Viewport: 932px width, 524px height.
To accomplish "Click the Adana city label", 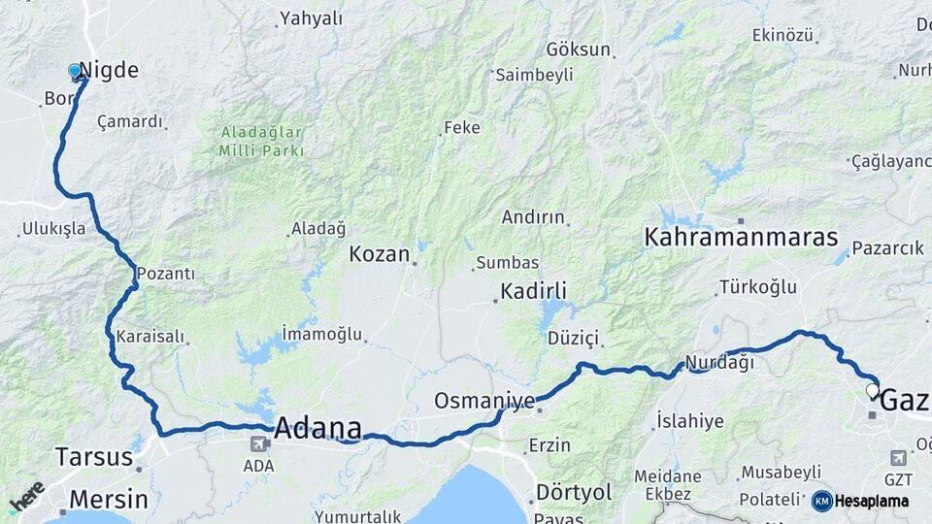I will click(x=318, y=428).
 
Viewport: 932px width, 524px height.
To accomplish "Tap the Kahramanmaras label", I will click(x=741, y=237).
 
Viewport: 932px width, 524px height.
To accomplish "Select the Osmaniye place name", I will click(x=484, y=401).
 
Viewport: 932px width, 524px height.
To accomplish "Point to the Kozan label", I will click(x=380, y=254).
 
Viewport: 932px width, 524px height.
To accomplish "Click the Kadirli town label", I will click(x=533, y=290).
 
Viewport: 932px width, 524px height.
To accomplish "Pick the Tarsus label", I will click(x=93, y=457).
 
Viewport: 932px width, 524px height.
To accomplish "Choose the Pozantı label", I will click(x=165, y=274).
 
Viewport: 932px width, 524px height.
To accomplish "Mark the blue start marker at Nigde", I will click(x=75, y=72).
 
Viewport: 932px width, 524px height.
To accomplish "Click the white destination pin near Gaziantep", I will click(x=872, y=392).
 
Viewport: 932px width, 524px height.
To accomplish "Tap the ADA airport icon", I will click(x=259, y=444).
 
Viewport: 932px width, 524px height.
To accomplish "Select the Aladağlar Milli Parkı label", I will click(x=261, y=142).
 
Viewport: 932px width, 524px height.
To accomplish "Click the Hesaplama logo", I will click(x=860, y=501).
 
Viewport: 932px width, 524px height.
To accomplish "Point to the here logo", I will click(x=26, y=496).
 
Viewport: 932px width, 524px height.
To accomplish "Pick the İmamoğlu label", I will click(x=321, y=334).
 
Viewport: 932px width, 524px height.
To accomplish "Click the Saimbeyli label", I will click(x=534, y=75).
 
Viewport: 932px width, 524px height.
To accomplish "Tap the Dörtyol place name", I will click(x=574, y=492).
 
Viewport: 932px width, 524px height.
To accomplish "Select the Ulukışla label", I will click(x=53, y=230).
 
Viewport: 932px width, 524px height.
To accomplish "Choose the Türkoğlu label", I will click(x=757, y=287).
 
